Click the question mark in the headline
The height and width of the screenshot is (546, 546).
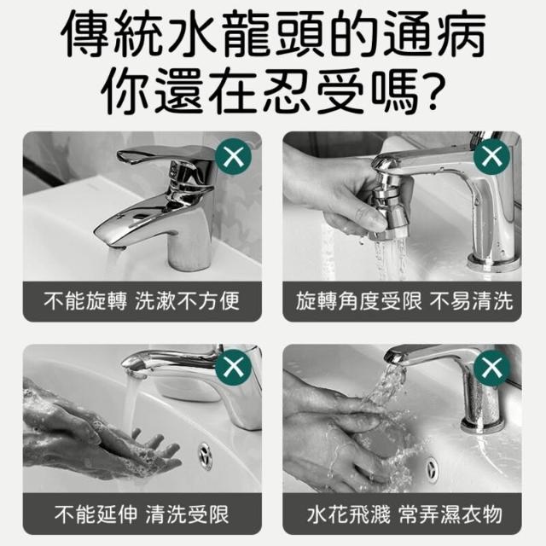click(430, 89)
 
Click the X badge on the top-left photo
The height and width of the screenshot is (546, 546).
click(233, 157)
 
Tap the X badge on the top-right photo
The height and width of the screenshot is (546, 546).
click(491, 157)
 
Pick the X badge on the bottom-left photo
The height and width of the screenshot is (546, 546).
click(233, 368)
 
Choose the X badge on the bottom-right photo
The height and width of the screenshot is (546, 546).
click(491, 368)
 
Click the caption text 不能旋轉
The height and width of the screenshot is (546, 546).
click(85, 301)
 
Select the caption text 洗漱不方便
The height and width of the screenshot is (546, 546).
click(188, 301)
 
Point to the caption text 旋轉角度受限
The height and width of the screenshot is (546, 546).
click(358, 301)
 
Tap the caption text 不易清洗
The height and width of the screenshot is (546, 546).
click(472, 301)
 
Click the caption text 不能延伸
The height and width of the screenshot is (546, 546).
click(96, 514)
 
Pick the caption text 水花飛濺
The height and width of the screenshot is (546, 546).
click(349, 514)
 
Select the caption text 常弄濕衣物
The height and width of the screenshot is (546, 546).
click(450, 514)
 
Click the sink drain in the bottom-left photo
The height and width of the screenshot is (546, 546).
click(206, 456)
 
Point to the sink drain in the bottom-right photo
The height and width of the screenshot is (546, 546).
click(433, 469)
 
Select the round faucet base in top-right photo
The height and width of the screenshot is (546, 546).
click(494, 262)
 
